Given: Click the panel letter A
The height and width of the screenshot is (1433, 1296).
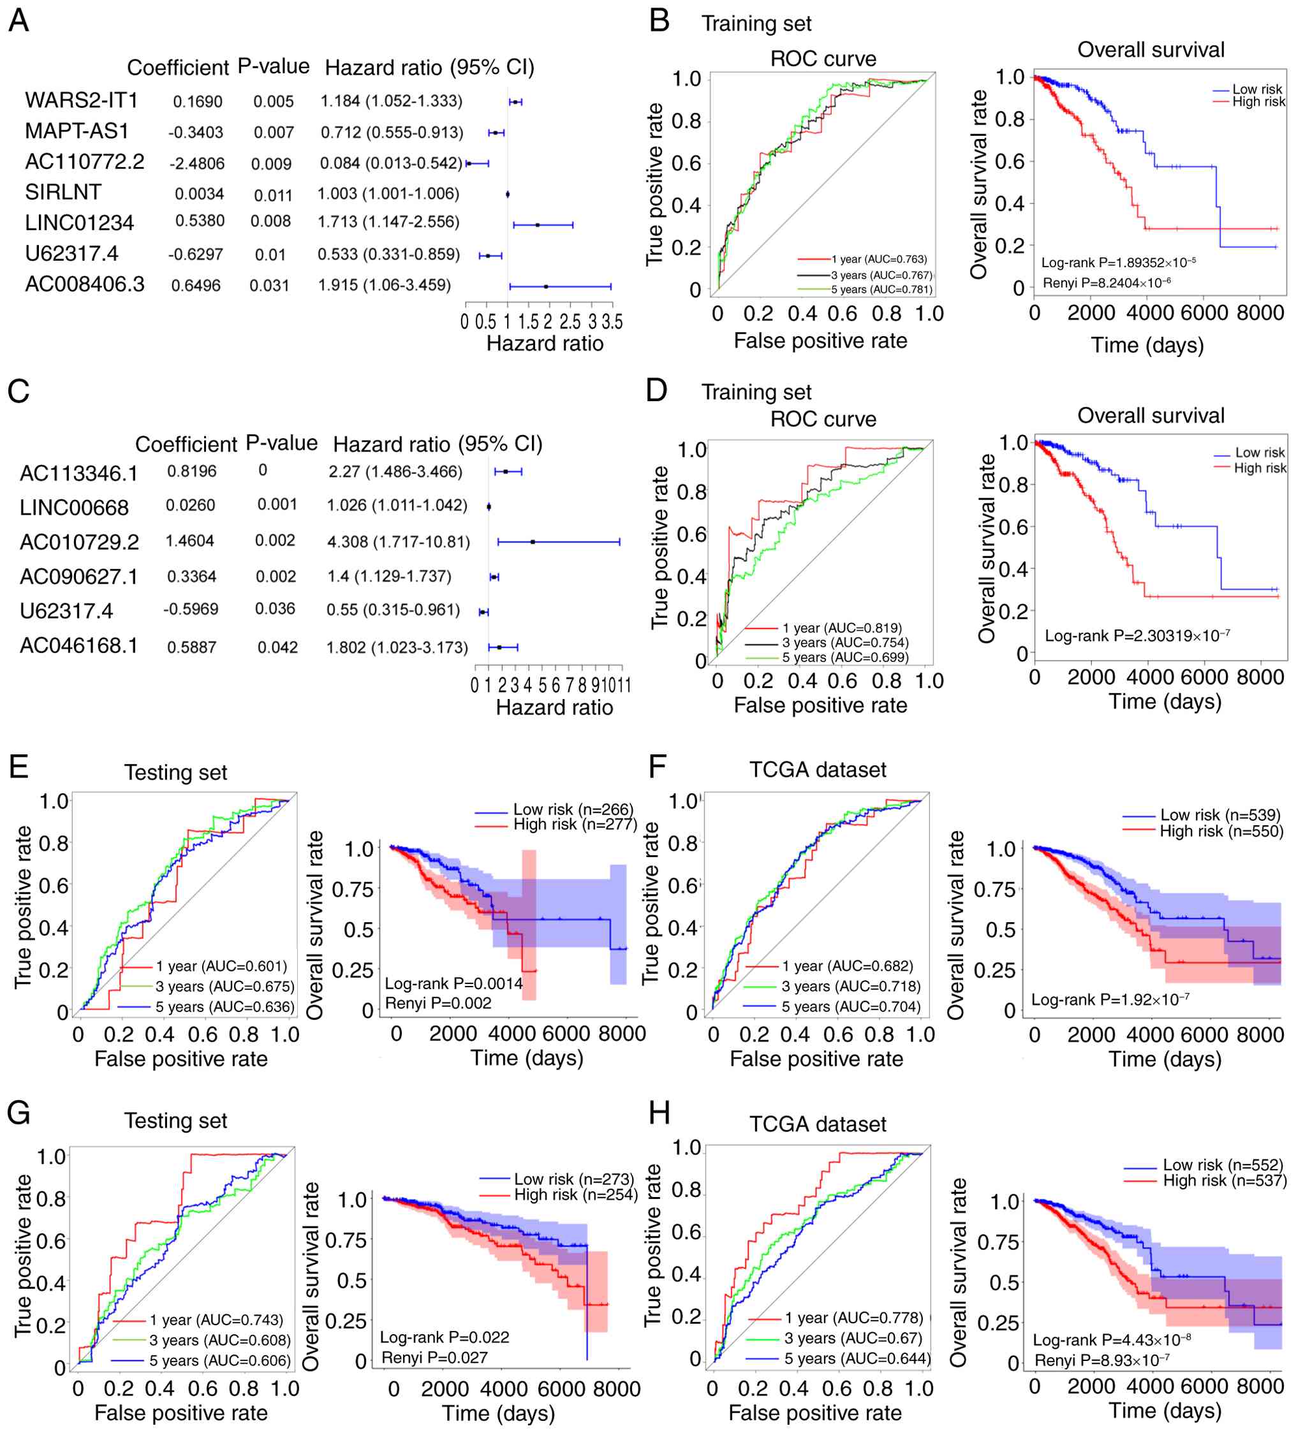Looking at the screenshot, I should pyautogui.click(x=18, y=20).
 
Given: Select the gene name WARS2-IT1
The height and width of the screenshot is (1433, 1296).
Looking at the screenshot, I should pyautogui.click(x=81, y=100).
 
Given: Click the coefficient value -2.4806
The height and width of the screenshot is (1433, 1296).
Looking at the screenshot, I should pyautogui.click(x=197, y=163).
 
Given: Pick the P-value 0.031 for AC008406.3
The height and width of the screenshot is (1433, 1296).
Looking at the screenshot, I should pyautogui.click(x=269, y=286).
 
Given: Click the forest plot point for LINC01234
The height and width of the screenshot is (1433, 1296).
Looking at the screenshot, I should pyautogui.click(x=538, y=224).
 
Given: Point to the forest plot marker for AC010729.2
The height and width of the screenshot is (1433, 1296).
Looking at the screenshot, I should pyautogui.click(x=533, y=541).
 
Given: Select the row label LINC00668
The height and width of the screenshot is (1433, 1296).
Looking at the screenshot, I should pyautogui.click(x=74, y=508).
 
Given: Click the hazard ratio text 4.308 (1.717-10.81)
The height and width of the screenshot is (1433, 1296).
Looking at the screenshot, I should pyautogui.click(x=398, y=541).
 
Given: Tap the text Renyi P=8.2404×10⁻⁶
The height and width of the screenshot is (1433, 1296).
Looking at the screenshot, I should pyautogui.click(x=1106, y=283).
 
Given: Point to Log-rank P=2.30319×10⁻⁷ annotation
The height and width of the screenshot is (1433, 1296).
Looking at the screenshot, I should pyautogui.click(x=1137, y=635).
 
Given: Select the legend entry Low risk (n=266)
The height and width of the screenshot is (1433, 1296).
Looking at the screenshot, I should pyautogui.click(x=573, y=810).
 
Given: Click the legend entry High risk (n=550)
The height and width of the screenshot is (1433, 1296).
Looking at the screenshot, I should pyautogui.click(x=1221, y=831).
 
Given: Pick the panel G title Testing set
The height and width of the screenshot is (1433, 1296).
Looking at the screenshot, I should pyautogui.click(x=175, y=1121).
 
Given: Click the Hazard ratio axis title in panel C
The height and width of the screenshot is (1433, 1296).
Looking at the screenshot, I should pyautogui.click(x=554, y=707).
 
